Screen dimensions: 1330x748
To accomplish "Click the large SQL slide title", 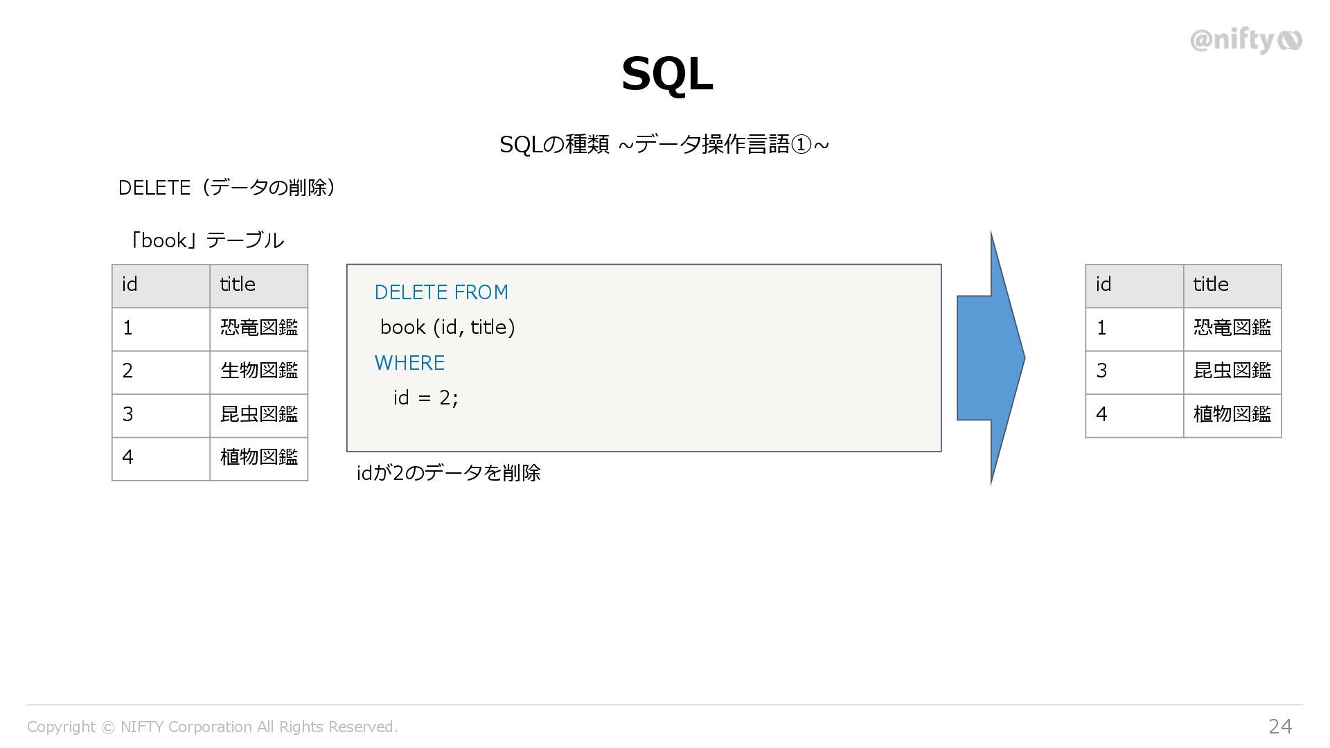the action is click(x=667, y=74).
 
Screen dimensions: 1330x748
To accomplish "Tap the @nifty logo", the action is click(x=1245, y=41).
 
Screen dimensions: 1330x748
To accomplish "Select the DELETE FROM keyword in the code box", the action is click(x=441, y=292).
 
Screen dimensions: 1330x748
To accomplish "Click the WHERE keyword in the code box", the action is click(x=409, y=363).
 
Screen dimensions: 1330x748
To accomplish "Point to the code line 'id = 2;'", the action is click(x=425, y=398).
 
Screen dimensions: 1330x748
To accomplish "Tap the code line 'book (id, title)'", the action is click(x=447, y=327).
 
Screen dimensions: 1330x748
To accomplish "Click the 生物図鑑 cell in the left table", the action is click(x=259, y=371).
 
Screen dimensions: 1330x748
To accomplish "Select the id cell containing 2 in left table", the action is click(x=161, y=371).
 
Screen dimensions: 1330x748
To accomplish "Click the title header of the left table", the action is click(x=258, y=285).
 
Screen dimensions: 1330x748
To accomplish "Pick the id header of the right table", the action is click(x=1134, y=285).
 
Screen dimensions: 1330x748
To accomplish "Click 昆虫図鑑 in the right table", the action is click(x=1232, y=371).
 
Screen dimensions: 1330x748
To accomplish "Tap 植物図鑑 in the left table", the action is click(x=259, y=458).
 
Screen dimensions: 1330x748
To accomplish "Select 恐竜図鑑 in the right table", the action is click(x=1232, y=328).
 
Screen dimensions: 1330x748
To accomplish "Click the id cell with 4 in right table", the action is click(x=1134, y=415).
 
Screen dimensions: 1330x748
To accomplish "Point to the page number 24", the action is click(x=1280, y=726).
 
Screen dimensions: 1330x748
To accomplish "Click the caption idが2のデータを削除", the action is click(x=448, y=473).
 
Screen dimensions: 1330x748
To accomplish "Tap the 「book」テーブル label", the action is click(x=205, y=240).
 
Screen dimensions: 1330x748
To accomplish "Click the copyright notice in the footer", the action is click(x=212, y=727).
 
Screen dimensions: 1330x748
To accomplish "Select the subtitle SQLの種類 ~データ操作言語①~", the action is click(x=664, y=145).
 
